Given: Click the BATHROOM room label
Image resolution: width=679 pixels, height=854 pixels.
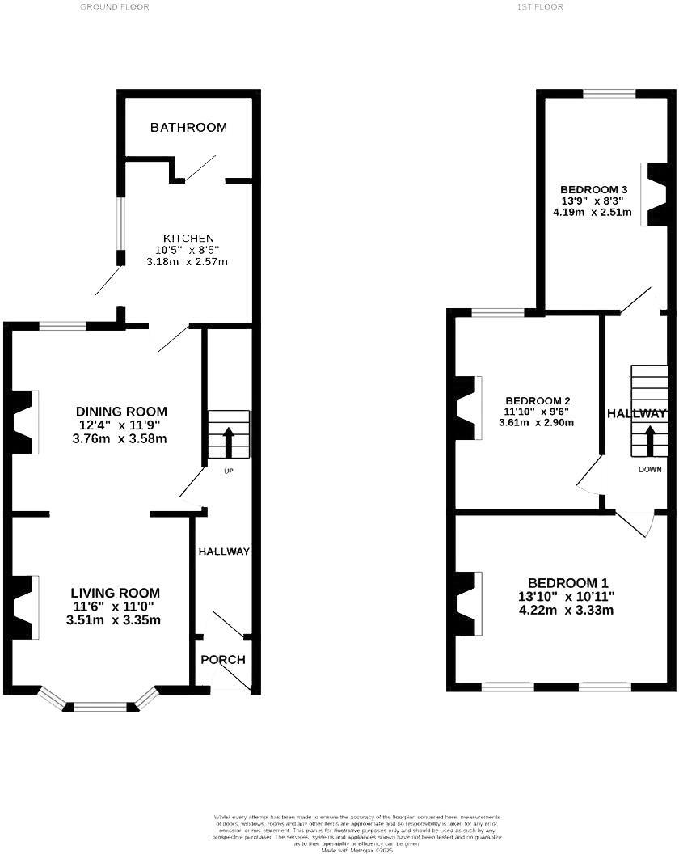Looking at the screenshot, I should click(188, 128).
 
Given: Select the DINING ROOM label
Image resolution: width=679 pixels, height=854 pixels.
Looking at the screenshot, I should click(121, 412).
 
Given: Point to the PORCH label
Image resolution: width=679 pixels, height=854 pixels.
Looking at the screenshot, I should click(222, 660).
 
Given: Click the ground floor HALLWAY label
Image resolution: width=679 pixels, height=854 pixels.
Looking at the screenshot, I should click(224, 552).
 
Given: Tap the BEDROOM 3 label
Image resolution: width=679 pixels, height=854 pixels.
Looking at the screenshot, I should click(594, 189).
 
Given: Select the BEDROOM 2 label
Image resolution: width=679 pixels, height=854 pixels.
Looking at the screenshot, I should click(538, 401).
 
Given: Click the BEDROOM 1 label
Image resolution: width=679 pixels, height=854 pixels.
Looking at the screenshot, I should click(567, 583).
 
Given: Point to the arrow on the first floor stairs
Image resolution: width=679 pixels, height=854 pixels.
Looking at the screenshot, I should click(650, 440).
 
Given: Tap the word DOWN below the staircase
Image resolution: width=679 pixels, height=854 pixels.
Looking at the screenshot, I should click(650, 469).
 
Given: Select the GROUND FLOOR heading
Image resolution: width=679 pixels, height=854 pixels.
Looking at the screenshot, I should click(114, 6).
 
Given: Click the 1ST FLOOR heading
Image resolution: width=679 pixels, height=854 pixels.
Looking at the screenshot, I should click(539, 6).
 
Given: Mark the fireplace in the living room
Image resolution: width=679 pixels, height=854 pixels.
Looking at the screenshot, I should click(23, 607).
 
